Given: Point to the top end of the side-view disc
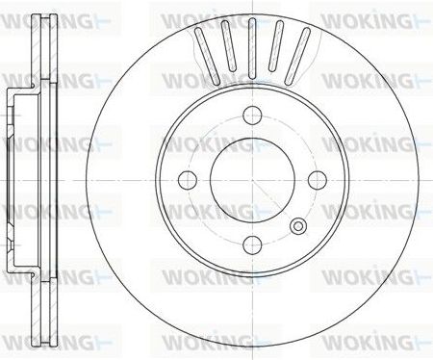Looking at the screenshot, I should pyautogui.click(x=38, y=17).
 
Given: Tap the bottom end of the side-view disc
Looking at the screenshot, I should pyautogui.click(x=38, y=342).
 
